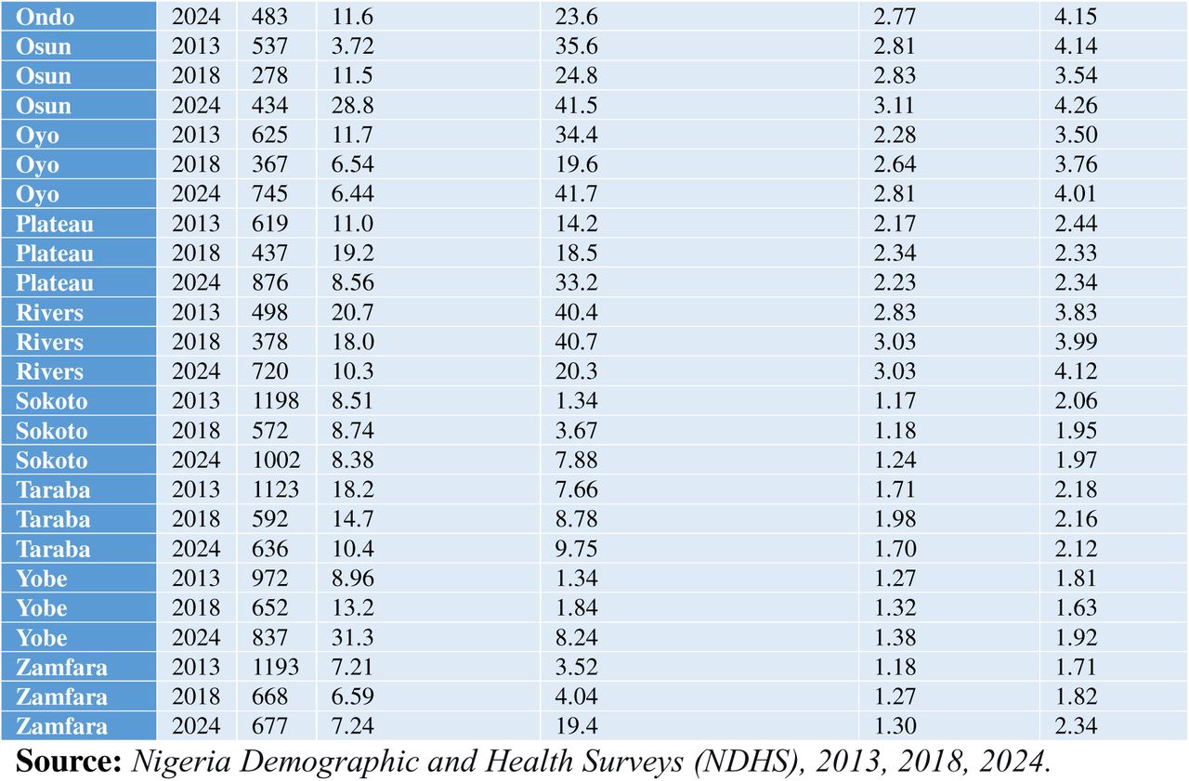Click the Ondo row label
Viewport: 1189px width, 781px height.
46,17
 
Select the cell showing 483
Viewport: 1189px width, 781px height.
269,17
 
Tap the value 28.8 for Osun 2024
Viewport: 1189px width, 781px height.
352,105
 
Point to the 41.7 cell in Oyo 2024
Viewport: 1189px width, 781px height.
576,194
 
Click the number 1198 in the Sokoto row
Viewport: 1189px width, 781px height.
276,400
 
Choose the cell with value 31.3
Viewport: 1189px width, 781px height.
352,637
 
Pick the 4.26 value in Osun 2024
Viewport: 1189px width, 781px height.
1076,105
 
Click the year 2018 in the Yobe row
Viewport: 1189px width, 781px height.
196,607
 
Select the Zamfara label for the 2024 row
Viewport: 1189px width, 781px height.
61,726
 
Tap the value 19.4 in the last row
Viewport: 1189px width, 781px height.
576,726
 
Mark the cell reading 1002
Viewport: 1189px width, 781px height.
276,460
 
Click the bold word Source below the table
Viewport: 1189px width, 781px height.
69,761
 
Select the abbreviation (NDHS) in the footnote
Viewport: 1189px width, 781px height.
749,761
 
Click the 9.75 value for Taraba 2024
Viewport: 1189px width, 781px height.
576,549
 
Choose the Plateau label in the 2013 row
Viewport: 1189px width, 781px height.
55,224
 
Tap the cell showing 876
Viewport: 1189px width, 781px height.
269,282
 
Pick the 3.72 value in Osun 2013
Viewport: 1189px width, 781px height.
352,46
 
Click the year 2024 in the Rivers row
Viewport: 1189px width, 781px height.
196,371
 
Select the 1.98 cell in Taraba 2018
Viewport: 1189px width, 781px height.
895,519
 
